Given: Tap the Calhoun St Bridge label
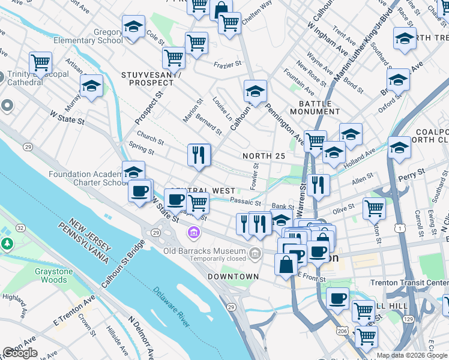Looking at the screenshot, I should (122, 264).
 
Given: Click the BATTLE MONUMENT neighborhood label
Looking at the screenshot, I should (315, 107).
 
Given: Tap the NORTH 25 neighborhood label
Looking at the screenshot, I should (264, 156).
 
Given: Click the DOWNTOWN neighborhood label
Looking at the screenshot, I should (233, 277).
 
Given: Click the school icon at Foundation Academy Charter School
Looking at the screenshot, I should (133, 172).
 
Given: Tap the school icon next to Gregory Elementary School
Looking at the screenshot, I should (133, 27).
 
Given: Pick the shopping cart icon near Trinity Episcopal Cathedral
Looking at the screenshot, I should (40, 62).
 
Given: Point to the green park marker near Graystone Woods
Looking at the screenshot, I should (7, 244).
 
